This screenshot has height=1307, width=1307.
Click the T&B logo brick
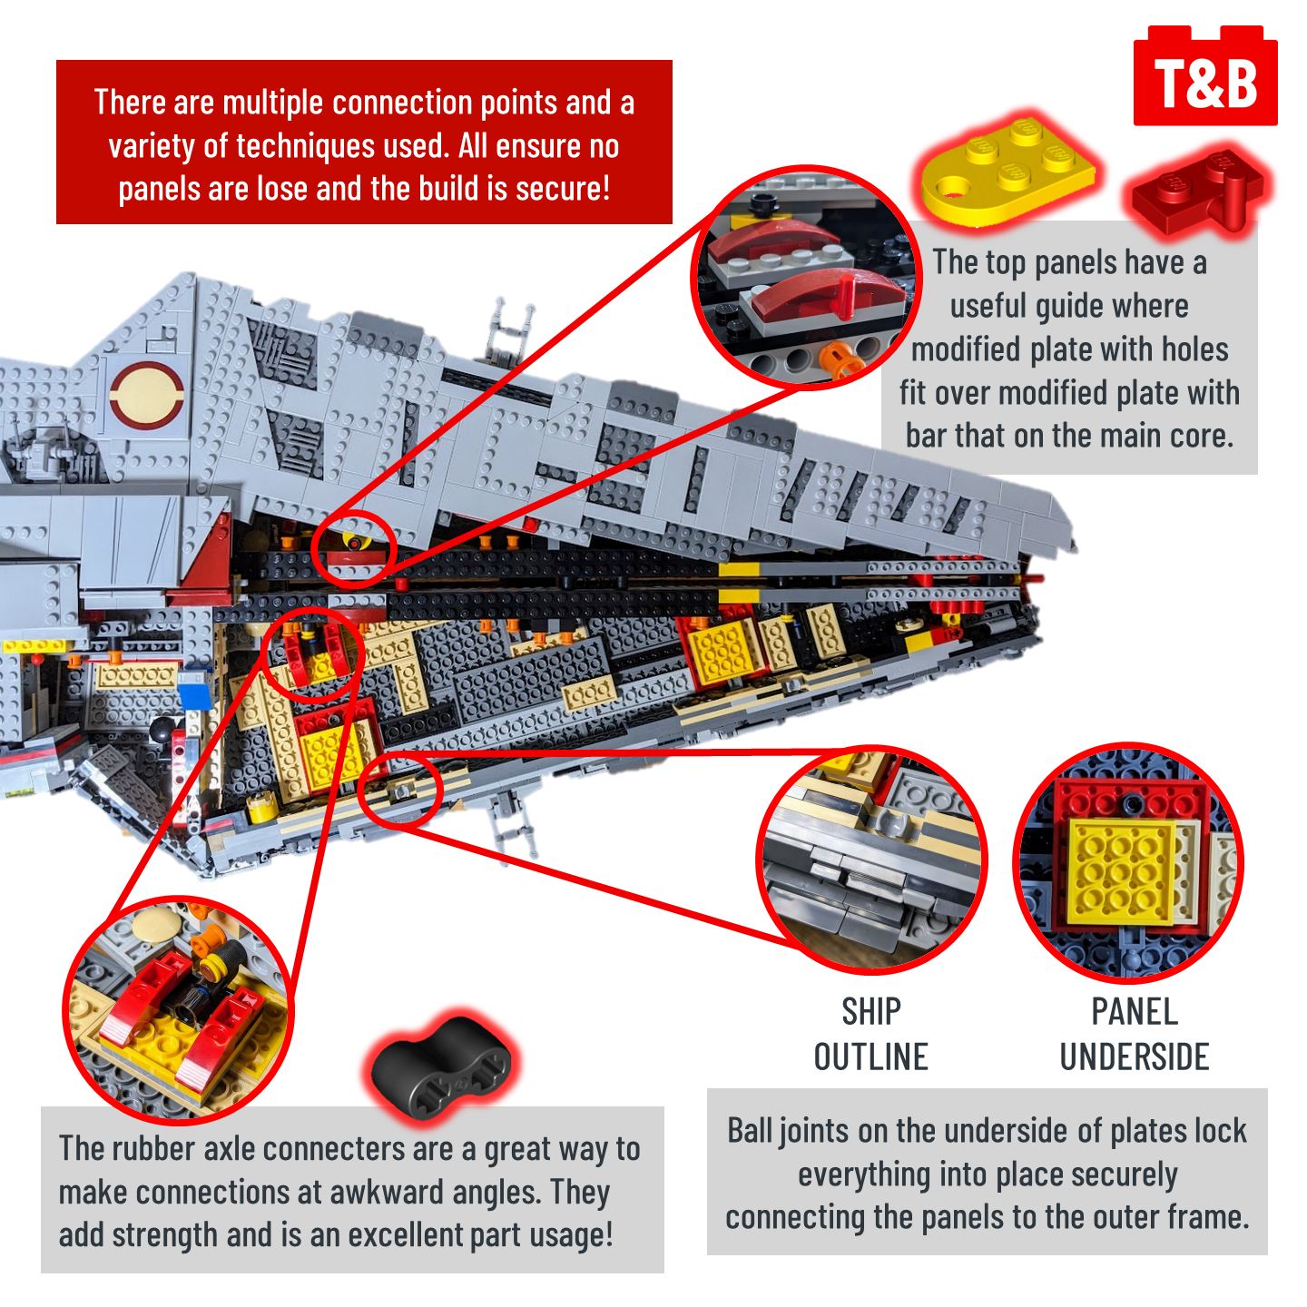coord(1204,79)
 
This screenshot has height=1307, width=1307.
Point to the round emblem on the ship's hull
coord(146,396)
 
